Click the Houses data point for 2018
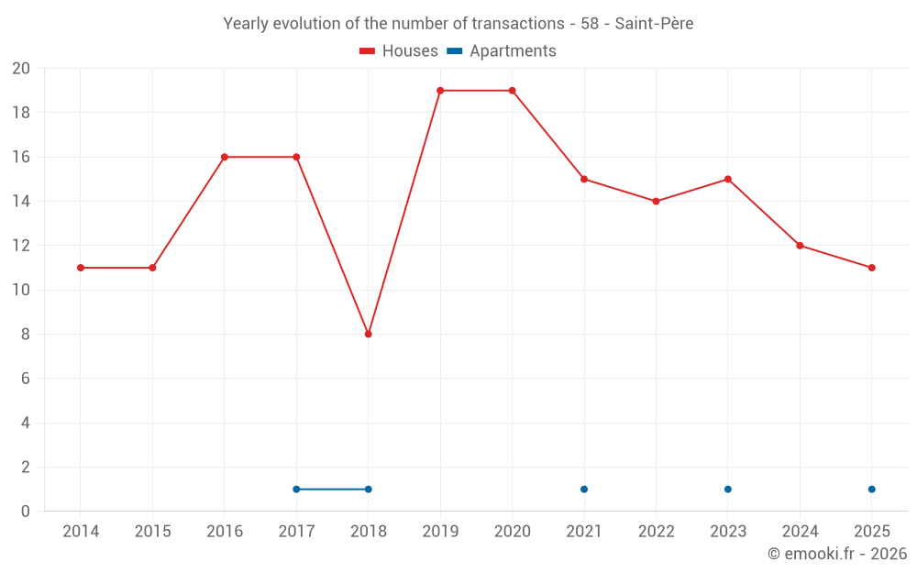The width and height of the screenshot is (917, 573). point(368,334)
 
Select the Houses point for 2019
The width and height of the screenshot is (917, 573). point(440,91)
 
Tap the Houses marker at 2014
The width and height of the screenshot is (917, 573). point(81,268)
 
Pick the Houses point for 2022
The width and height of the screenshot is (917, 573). point(656,201)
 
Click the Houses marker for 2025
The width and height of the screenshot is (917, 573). point(871,268)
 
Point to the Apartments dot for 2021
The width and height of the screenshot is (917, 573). point(584,489)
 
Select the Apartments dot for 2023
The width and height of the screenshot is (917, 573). point(728,489)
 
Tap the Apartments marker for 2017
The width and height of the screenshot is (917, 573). point(296,489)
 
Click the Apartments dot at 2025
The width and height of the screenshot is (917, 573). point(871,489)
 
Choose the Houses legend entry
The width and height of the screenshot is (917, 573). point(399,51)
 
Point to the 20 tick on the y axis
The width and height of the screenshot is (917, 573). point(21,69)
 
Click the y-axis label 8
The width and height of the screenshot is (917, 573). point(26,335)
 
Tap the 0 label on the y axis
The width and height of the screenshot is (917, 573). point(26,512)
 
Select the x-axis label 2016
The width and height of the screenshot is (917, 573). point(225,532)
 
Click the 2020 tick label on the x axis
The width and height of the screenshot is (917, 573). point(512,532)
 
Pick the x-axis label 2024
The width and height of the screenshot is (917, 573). point(800,532)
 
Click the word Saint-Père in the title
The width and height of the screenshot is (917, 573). point(654,24)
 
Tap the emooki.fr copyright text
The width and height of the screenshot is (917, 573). point(837,554)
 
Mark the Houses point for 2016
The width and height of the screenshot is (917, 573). point(225,157)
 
